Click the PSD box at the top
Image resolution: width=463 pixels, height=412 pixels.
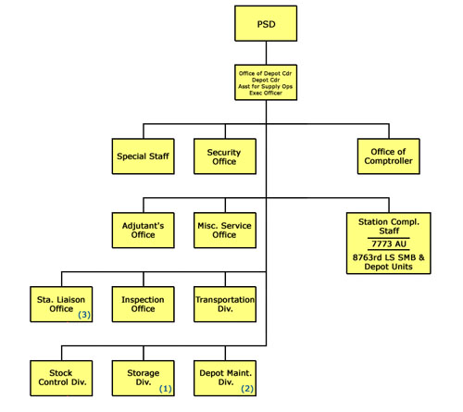click(266, 23)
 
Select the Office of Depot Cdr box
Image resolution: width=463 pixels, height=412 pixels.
click(266, 82)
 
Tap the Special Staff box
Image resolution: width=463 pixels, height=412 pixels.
click(144, 156)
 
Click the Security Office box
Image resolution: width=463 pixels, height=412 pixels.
click(225, 156)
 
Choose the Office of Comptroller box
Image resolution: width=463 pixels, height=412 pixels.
click(389, 156)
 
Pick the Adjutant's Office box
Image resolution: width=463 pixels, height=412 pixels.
click(144, 231)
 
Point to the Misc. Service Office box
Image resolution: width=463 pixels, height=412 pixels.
click(225, 231)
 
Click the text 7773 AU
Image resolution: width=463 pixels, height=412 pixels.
click(389, 244)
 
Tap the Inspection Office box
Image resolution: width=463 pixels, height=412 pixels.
click(144, 305)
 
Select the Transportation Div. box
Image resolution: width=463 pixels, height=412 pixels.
click(225, 305)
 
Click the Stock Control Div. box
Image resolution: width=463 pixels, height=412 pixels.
click(61, 378)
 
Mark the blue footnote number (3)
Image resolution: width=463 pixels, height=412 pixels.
click(84, 315)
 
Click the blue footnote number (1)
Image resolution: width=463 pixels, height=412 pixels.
click(166, 389)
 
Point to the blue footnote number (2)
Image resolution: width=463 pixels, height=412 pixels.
click(247, 389)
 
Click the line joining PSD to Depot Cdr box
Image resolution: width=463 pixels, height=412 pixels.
click(266, 53)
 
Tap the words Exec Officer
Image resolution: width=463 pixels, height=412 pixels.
click(266, 93)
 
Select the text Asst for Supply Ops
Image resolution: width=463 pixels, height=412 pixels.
click(266, 86)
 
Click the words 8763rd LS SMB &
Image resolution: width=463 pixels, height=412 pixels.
click(389, 257)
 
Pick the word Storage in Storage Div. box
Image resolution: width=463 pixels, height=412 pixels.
click(144, 373)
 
